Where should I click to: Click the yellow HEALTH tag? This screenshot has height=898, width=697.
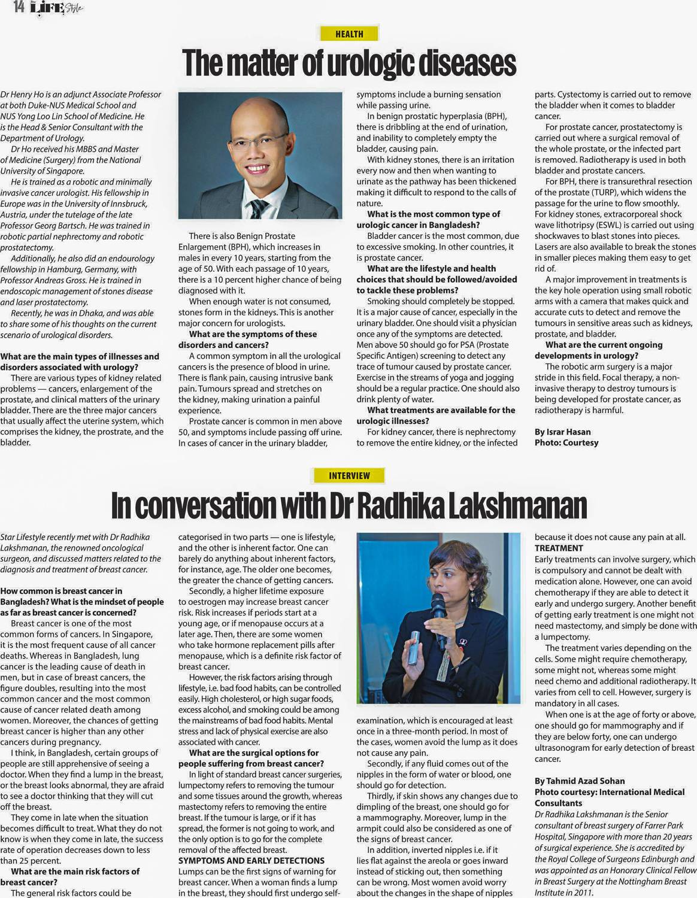tap(349, 34)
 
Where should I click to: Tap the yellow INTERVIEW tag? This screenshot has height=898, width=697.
tap(349, 475)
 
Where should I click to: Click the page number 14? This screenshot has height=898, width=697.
tap(19, 7)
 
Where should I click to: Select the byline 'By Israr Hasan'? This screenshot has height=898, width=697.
tap(562, 432)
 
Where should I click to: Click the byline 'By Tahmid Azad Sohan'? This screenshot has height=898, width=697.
tap(579, 781)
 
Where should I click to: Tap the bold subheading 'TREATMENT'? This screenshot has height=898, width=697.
tap(558, 548)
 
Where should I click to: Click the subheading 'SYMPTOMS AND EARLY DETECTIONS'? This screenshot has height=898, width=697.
tap(251, 860)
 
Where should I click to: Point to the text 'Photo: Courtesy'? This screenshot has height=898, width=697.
tap(566, 442)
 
